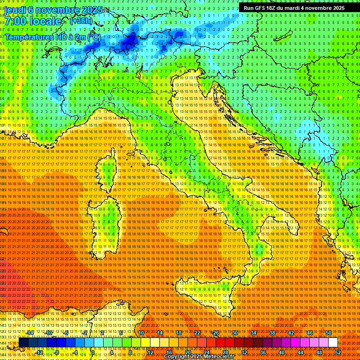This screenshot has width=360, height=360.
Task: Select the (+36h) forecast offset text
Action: [81, 21]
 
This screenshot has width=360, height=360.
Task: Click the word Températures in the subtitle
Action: [29, 37]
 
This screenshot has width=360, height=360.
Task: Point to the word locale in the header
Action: [45, 22]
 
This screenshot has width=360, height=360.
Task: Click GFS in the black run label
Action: [259, 8]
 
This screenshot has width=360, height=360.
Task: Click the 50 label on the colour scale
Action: [328, 333]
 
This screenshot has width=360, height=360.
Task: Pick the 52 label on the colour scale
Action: [337, 352]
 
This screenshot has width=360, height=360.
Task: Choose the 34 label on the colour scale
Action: [254, 333]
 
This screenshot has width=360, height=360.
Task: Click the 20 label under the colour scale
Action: [187, 352]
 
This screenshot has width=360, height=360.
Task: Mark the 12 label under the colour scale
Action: [150, 352]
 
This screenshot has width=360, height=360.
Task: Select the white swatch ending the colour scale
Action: [333, 342]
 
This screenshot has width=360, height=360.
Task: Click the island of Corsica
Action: [105, 171]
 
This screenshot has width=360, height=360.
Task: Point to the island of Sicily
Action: [206, 291]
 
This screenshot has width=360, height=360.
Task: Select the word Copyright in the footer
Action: [178, 357]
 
